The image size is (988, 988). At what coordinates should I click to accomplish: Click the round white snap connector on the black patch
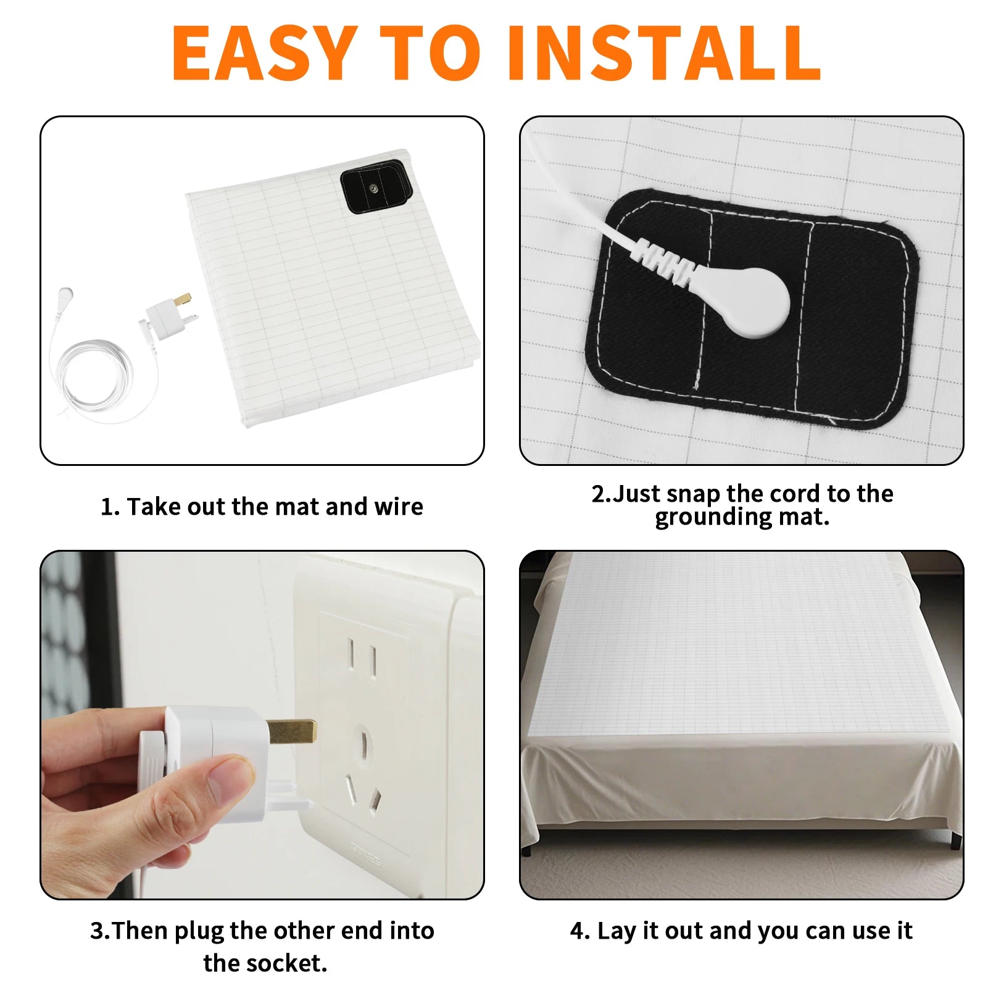pyautogui.click(x=757, y=303)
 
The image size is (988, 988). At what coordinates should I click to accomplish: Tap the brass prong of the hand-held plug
pyautogui.click(x=293, y=731)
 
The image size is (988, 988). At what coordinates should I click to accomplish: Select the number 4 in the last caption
pyautogui.click(x=578, y=931)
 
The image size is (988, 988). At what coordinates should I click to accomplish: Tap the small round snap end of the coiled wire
pyautogui.click(x=65, y=293)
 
